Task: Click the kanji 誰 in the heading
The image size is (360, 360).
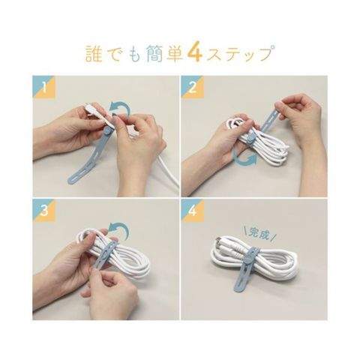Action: pos(94,53)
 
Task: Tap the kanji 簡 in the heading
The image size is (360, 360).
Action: pos(154,53)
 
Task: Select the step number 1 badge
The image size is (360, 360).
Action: pos(44,87)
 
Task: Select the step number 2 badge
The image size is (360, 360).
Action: pos(193,87)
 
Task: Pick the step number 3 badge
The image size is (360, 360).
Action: pos(44,211)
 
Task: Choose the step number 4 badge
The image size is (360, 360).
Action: pos(193,211)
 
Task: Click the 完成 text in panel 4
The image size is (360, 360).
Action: pos(259,234)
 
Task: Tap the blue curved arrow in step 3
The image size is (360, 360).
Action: pos(121,226)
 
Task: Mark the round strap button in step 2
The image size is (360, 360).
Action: pos(250,138)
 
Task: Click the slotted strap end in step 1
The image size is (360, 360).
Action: pos(78,174)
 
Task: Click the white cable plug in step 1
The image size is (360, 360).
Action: pos(94,111)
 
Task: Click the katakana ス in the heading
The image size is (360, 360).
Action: pos(215,54)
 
